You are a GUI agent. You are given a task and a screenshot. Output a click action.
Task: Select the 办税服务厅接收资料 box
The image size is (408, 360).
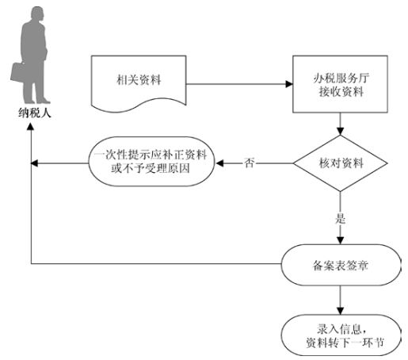(340, 84)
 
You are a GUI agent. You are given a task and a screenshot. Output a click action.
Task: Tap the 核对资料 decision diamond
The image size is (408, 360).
(341, 163)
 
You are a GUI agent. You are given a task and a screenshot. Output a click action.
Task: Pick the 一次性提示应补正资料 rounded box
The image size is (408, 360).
(151, 162)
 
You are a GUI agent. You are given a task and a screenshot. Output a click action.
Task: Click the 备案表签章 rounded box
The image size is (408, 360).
(341, 265)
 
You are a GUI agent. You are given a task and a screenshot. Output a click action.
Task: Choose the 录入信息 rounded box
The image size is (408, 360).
(341, 335)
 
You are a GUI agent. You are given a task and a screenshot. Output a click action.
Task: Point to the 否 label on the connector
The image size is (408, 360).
(249, 163)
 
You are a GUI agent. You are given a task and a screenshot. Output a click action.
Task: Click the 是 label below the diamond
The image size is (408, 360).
(341, 218)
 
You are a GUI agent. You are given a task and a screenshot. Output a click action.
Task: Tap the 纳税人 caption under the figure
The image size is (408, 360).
(34, 113)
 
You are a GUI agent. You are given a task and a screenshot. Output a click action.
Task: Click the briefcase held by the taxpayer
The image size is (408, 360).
(18, 72)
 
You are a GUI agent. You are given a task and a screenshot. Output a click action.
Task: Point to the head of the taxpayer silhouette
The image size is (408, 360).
(37, 13)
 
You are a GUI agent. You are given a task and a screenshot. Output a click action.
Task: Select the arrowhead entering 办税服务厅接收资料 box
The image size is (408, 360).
(289, 84)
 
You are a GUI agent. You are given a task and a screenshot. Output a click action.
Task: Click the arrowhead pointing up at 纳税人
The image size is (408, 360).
(31, 126)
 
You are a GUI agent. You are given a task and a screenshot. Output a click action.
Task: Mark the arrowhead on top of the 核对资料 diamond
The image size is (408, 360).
(341, 132)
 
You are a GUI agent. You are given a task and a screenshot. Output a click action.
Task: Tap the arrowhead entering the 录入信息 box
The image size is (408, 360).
(341, 311)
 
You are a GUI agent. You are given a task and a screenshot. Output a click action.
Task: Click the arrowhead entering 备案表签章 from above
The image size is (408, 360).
(341, 240)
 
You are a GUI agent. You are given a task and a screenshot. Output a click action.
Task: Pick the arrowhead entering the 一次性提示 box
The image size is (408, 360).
(219, 163)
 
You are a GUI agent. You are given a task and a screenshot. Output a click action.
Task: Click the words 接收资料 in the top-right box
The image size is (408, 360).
(341, 92)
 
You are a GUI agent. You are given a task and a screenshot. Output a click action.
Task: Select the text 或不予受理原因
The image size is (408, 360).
(151, 168)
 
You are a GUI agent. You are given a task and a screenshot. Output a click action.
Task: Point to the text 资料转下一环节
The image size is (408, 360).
(345, 343)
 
